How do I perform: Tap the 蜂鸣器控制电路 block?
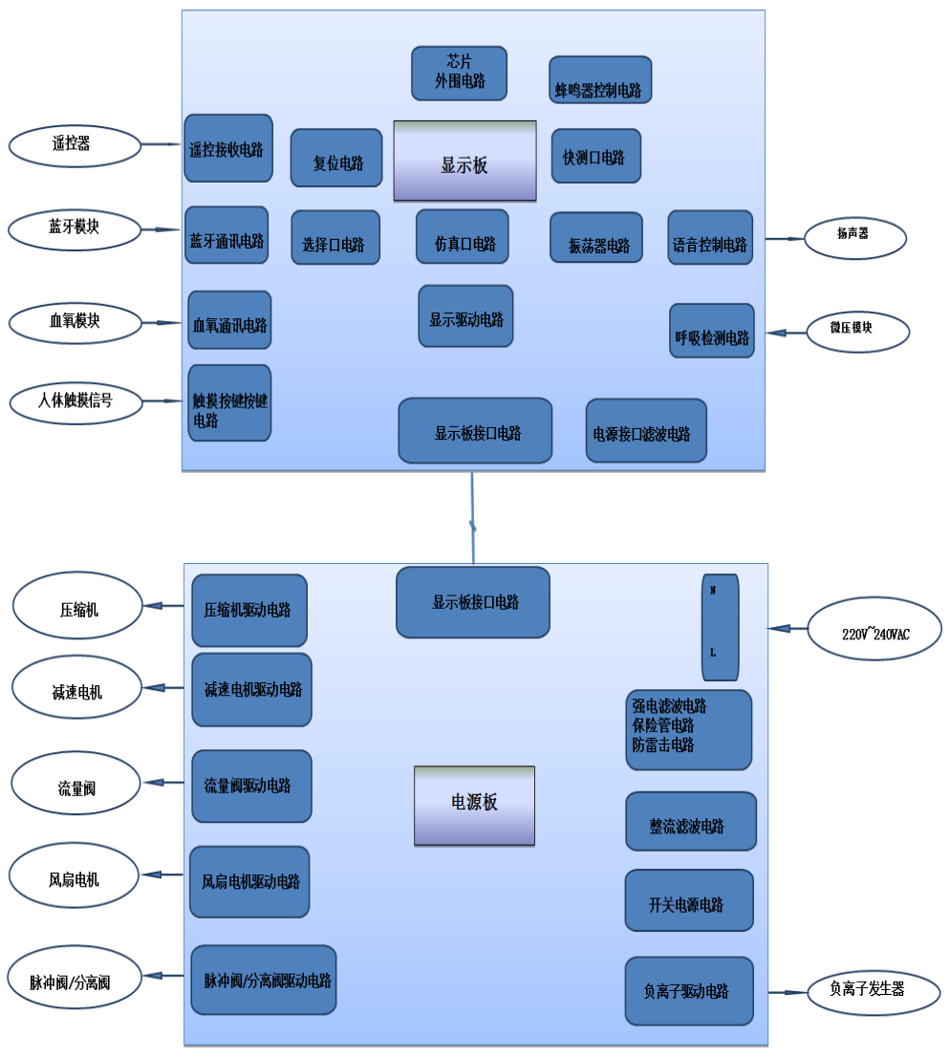[x=600, y=79]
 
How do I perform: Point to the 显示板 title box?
[x=464, y=161]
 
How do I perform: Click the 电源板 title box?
[x=474, y=805]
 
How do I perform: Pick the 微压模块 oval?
[x=855, y=331]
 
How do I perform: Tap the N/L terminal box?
[x=720, y=627]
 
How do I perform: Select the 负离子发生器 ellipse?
[x=867, y=990]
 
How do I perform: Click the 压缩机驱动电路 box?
[x=249, y=611]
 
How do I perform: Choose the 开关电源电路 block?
[x=689, y=900]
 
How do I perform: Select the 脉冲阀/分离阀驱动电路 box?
[x=264, y=980]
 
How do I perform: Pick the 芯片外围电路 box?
[x=460, y=73]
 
